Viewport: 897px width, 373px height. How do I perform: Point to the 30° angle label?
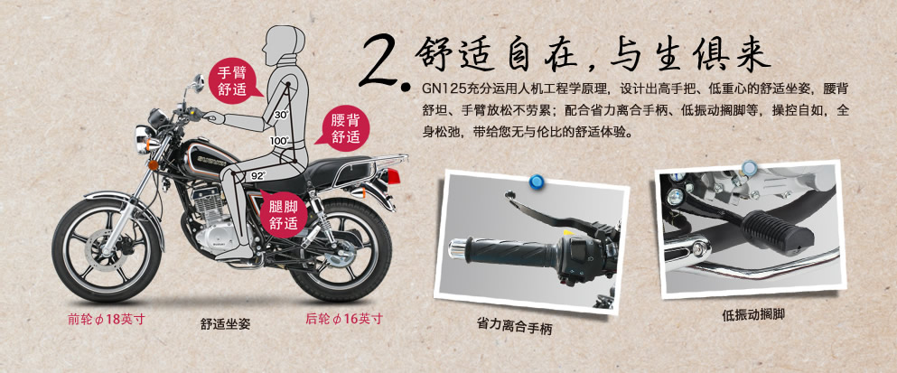pos(281,115)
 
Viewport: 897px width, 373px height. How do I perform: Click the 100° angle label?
pos(280,140)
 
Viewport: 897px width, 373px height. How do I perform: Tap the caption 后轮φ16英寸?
pos(343,319)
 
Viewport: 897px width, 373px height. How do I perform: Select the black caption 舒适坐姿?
pos(226,323)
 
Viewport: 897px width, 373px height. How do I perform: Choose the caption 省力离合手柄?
pos(514,325)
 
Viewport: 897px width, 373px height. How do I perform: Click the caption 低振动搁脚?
pos(752,314)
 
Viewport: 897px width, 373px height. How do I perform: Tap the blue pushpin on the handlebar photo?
pos(537,182)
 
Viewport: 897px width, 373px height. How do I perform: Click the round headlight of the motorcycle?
pos(141,139)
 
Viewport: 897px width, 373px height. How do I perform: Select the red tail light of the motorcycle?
pos(394,176)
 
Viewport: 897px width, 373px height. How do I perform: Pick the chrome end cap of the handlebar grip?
pos(459,249)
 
